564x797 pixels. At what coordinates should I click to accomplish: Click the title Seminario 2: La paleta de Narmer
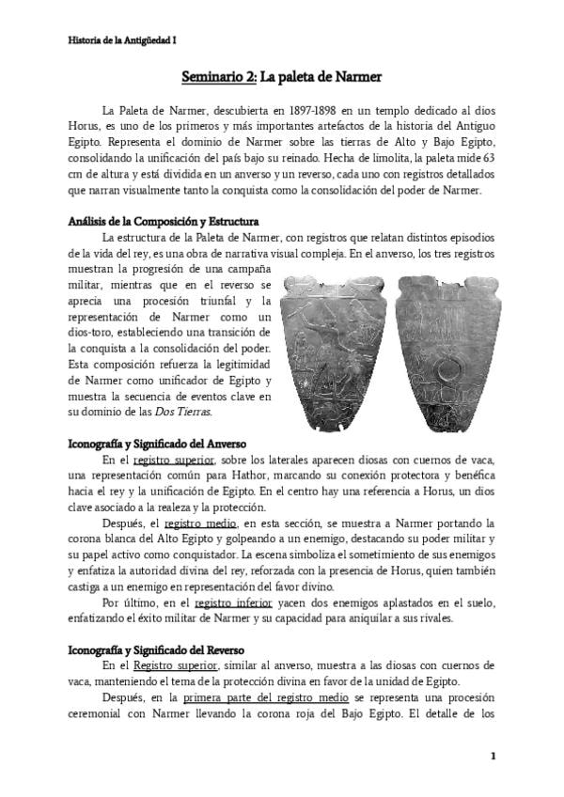pyautogui.click(x=281, y=75)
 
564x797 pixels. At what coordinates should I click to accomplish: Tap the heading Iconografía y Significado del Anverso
pyautogui.click(x=157, y=442)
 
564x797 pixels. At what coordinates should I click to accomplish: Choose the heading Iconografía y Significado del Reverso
pyautogui.click(x=157, y=649)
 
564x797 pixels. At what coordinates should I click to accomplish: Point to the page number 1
pyautogui.click(x=492, y=755)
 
